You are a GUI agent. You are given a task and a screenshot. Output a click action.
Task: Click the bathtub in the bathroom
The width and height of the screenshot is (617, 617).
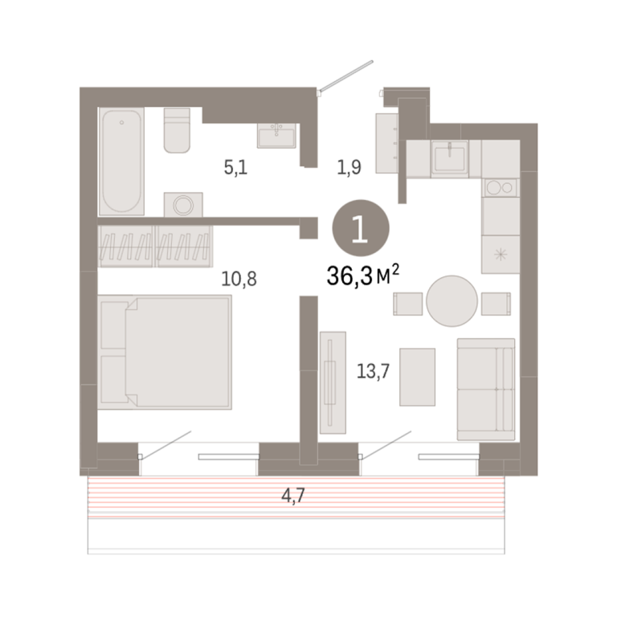[x=121, y=161]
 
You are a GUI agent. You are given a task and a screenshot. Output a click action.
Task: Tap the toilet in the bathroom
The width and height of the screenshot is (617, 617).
[x=177, y=130]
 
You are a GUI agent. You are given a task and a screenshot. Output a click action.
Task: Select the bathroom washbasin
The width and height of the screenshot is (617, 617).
[x=276, y=135]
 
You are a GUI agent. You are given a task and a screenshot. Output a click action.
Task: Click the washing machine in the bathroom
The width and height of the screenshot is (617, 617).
[x=183, y=205]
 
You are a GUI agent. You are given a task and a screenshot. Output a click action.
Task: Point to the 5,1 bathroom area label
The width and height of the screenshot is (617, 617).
[x=235, y=168]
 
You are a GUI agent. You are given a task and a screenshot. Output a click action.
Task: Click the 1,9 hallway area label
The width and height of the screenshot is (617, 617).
[x=349, y=167]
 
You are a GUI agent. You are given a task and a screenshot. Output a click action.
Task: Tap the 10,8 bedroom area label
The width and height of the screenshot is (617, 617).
[x=239, y=279]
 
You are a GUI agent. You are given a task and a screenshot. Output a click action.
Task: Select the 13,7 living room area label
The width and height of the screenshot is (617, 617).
[x=373, y=371]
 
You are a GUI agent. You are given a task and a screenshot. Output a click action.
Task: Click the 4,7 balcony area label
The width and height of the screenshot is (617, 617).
[x=293, y=496]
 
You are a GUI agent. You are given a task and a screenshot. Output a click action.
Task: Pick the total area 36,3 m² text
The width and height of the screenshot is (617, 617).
[x=363, y=275]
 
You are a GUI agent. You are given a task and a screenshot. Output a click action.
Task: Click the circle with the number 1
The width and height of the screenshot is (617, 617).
[x=361, y=228]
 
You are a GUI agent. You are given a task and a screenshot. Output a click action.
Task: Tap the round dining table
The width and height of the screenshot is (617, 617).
[x=452, y=301]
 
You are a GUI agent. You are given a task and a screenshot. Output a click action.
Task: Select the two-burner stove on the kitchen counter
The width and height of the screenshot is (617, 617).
[x=501, y=188]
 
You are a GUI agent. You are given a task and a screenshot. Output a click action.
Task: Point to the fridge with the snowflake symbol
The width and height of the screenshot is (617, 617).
[x=501, y=255]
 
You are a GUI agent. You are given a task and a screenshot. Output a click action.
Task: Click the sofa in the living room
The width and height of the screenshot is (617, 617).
[x=486, y=389]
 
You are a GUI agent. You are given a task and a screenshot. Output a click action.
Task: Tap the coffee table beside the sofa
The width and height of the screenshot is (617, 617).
[x=418, y=377]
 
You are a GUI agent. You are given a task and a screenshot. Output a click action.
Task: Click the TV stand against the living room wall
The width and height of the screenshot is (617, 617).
[x=333, y=382]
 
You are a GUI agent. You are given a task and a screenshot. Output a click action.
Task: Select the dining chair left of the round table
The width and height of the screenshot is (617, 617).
[x=408, y=304]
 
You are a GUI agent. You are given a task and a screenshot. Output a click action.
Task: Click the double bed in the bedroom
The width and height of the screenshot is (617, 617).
[x=165, y=352]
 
